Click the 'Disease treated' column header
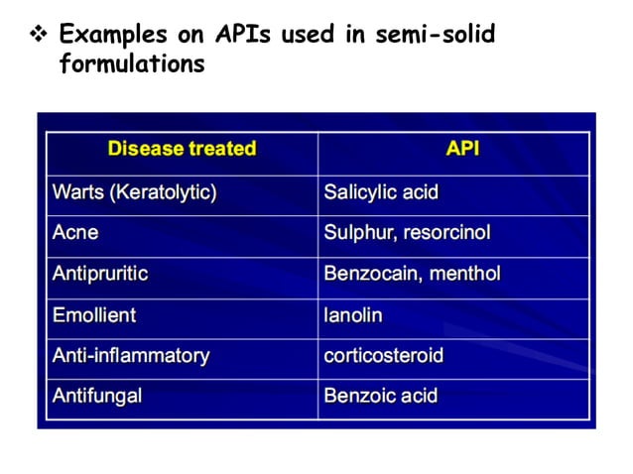point(182,150)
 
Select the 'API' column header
point(462,150)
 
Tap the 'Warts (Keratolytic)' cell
point(134,192)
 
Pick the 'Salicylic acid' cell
point(381,192)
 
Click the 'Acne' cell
point(75,234)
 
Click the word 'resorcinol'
point(446,234)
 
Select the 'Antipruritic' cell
point(100,275)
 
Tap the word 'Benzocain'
point(370,275)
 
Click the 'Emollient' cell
point(94,315)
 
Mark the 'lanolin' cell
point(353,315)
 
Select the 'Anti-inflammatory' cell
point(131,356)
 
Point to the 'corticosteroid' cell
point(384,356)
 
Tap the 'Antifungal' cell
point(97,397)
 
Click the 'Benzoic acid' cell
point(381,397)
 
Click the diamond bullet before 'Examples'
point(42,36)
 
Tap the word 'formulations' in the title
point(132,64)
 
